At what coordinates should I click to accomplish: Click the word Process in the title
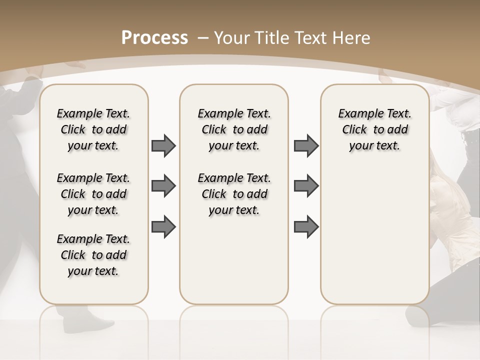pos(154,37)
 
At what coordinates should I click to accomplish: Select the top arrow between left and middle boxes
pos(163,146)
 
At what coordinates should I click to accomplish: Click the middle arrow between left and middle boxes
pos(163,186)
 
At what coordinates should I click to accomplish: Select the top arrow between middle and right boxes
pos(306,146)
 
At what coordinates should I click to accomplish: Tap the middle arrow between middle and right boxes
pos(306,186)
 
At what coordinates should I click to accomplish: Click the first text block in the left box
pos(93,129)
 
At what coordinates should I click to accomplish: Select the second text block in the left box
pos(93,194)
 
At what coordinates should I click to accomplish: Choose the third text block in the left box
pos(93,255)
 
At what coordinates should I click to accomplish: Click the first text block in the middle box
pos(234,129)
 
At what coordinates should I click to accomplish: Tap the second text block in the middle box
pos(234,194)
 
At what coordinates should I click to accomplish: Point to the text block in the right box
pos(374,129)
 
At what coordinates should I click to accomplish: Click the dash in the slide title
pos(203,38)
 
